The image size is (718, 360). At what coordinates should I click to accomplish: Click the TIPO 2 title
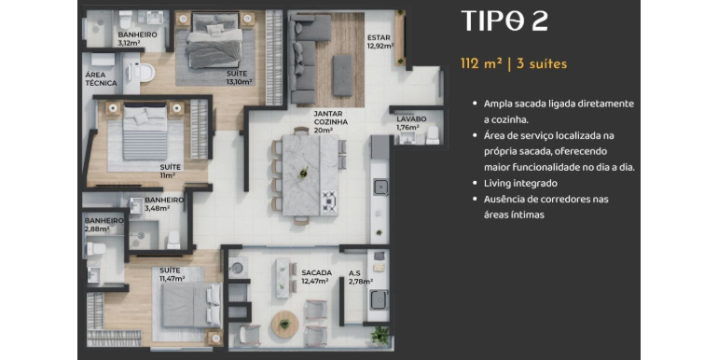point(504,21)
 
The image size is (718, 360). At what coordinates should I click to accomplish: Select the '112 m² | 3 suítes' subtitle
point(514,63)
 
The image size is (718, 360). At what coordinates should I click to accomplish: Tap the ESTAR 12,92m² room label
point(380,42)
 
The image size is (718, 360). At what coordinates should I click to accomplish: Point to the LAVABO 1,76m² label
point(410,123)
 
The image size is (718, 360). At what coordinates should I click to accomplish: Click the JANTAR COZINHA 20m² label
point(331,122)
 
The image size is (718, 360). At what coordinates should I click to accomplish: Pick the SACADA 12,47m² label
point(316,277)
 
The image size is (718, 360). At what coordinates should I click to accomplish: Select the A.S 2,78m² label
point(360,277)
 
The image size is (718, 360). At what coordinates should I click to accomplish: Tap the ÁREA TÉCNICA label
point(101,78)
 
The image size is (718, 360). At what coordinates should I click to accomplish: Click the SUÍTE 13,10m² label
point(239,77)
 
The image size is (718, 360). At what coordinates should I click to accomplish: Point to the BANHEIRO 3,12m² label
point(137,38)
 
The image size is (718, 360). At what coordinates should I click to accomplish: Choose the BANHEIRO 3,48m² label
point(164,204)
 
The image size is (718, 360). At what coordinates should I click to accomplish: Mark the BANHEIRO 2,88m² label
point(104,225)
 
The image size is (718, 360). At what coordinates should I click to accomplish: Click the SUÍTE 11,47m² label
point(173,274)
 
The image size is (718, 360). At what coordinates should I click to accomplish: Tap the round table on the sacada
point(284,325)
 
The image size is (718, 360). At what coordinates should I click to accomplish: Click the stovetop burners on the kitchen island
point(329,201)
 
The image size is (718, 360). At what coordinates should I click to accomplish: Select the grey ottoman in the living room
point(342,76)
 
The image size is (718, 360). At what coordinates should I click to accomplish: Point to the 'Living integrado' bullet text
point(520,183)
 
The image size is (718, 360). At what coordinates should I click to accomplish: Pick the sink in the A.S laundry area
point(380,299)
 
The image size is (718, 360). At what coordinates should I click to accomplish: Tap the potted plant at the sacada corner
point(380,336)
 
